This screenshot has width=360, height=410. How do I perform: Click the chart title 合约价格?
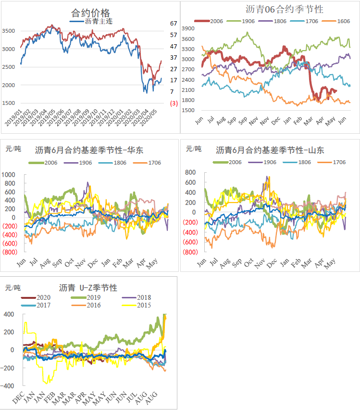pyautogui.click(x=90, y=13)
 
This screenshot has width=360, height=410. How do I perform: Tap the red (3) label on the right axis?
pyautogui.click(x=174, y=103)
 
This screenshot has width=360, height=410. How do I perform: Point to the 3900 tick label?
pyautogui.click(x=188, y=29)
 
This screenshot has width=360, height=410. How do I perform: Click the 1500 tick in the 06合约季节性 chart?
pyautogui.click(x=188, y=110)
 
